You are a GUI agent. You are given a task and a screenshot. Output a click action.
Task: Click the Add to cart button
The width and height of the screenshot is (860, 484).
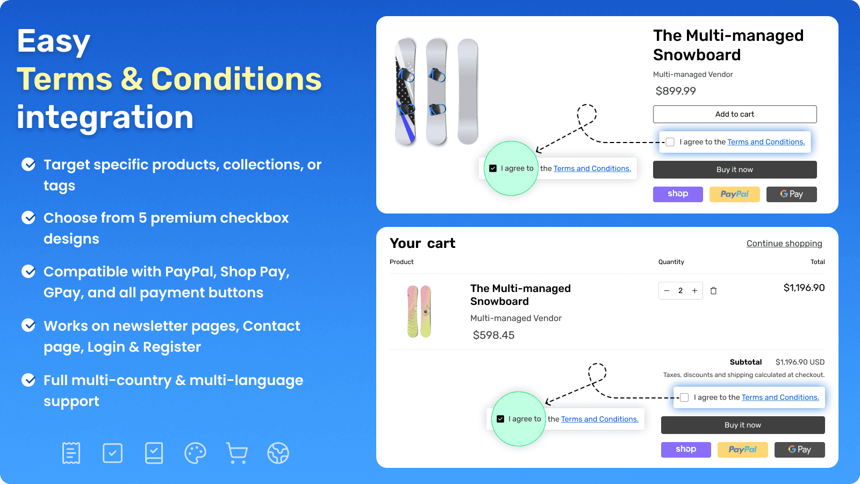[x=734, y=114]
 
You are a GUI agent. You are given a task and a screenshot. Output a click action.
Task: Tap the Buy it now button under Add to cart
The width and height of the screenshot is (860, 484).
[x=734, y=169]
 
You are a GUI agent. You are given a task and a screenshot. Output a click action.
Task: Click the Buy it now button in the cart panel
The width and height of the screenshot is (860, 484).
[x=742, y=425]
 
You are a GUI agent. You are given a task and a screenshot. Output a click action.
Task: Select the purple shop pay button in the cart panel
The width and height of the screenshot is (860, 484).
[x=685, y=450]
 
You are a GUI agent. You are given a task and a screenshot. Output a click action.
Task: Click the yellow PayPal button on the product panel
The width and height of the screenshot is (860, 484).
[x=734, y=194]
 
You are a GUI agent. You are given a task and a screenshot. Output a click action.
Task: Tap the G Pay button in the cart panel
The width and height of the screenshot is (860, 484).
[x=799, y=450]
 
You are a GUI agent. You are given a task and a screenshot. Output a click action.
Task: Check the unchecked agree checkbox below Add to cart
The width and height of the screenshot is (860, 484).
[x=670, y=142]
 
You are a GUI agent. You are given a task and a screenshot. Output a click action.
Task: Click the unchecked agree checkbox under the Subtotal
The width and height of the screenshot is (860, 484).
[x=684, y=397]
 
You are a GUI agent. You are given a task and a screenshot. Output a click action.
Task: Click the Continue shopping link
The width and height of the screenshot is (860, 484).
[x=784, y=244]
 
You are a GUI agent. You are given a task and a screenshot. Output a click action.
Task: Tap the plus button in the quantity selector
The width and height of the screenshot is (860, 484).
[x=694, y=291]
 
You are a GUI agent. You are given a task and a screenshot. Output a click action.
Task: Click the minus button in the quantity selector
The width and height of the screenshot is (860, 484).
[x=666, y=291]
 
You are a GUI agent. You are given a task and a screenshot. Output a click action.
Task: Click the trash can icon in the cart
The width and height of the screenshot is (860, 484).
[x=713, y=291]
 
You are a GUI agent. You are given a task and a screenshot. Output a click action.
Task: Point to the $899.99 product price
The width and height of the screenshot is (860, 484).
[x=676, y=91]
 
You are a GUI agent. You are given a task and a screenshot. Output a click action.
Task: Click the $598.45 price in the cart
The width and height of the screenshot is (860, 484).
[x=493, y=335]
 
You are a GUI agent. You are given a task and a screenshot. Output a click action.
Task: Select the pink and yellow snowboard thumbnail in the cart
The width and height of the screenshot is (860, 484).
[x=419, y=311]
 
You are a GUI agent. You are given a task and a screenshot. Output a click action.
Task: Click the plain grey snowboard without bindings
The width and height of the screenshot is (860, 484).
[x=468, y=91]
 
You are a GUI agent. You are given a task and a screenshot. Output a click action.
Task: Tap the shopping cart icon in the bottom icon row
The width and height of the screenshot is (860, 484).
[x=237, y=453]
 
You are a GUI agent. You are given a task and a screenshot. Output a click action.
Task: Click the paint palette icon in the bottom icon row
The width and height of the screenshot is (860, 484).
[x=195, y=453]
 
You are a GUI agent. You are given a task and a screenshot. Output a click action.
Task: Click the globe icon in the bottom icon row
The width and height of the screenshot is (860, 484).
[x=278, y=453]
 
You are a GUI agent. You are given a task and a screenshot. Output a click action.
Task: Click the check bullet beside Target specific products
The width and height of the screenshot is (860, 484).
[x=28, y=165]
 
